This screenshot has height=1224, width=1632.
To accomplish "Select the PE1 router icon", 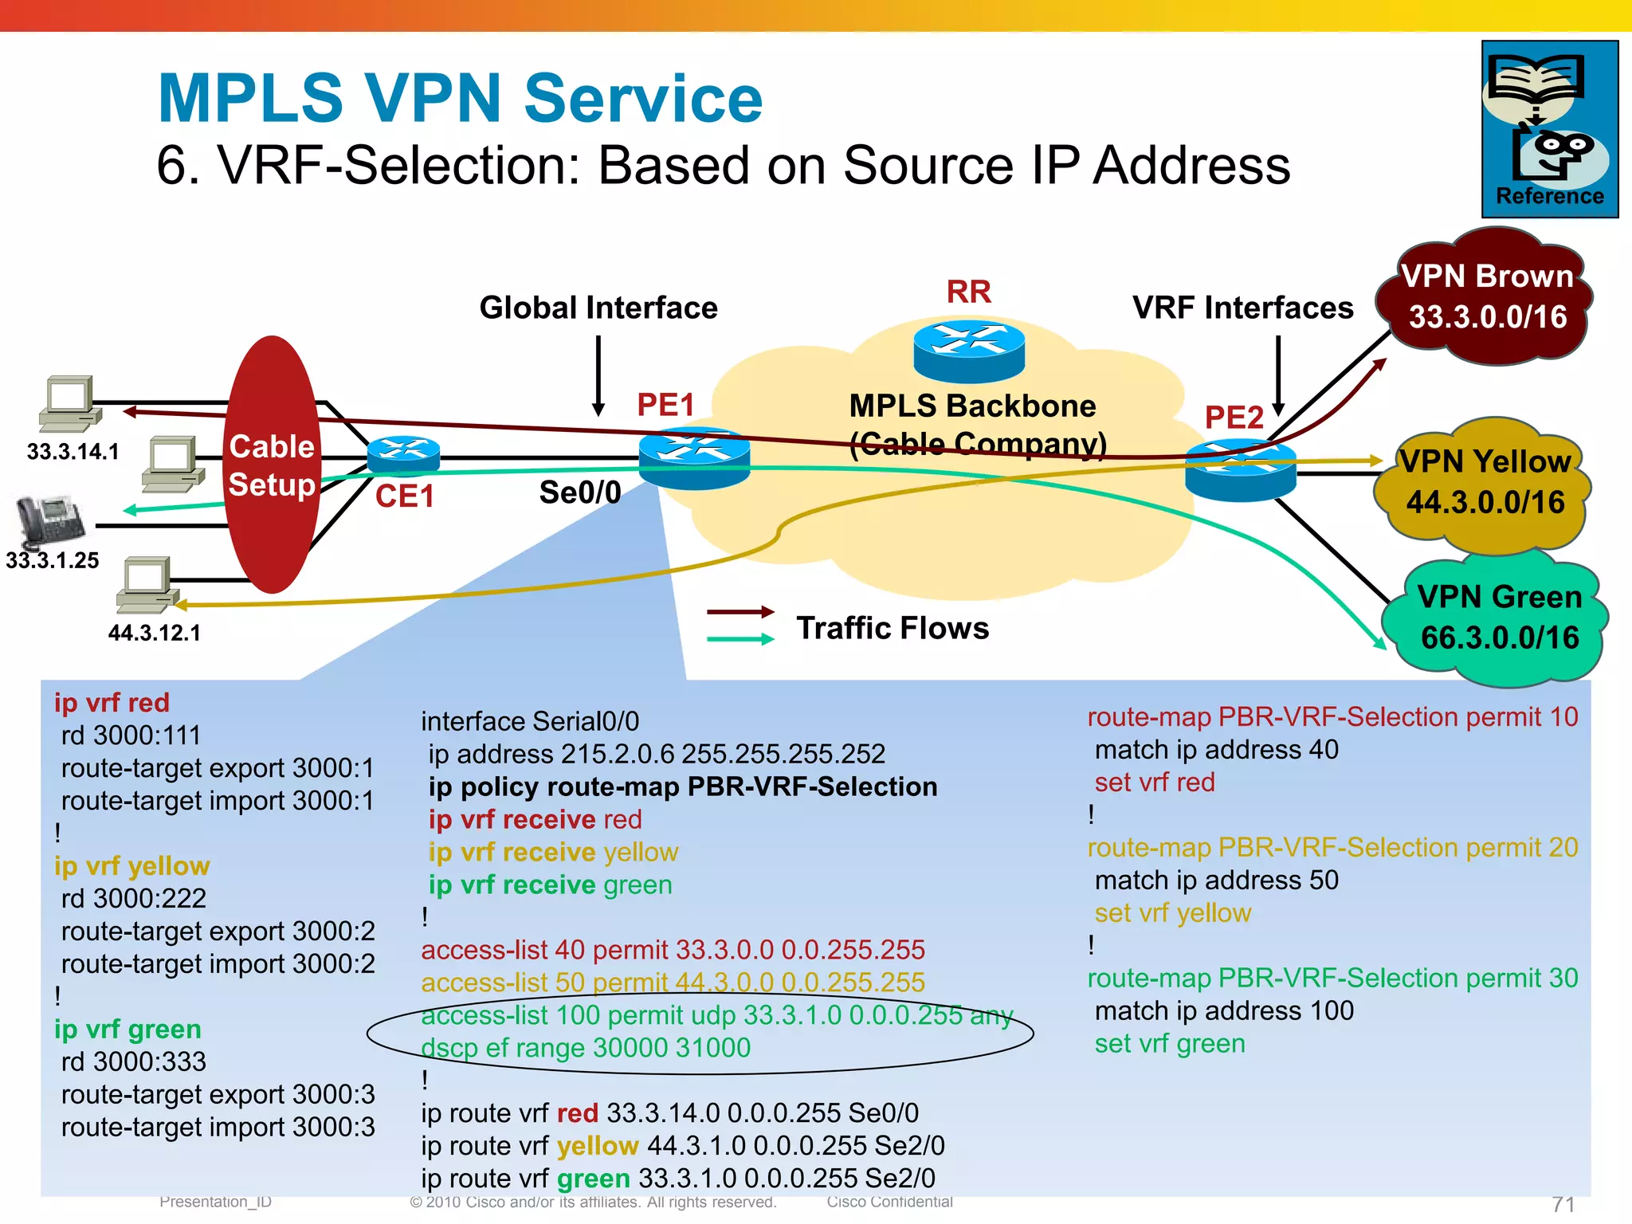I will click(694, 457).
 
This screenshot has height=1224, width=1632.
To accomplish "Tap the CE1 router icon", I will click(404, 455).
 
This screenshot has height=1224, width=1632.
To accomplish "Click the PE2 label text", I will click(1234, 418).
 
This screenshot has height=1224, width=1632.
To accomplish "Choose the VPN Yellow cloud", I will click(1484, 484).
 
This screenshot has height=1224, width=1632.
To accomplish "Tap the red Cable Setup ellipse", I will click(272, 465).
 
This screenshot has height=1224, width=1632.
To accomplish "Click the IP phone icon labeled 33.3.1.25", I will click(50, 520).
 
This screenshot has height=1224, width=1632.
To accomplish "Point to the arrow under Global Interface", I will click(598, 375).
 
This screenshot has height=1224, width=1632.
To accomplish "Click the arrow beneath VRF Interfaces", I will click(1278, 375).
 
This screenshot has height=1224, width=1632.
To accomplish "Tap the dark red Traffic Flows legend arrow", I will click(739, 612).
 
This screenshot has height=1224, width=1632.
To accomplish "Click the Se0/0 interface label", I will click(579, 492).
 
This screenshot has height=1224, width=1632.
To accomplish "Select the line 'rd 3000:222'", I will click(133, 899).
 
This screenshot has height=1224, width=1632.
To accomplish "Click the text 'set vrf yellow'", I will click(1172, 913).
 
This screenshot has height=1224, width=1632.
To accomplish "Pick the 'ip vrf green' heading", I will click(127, 1030).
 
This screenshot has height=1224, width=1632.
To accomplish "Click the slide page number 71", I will click(1563, 1204).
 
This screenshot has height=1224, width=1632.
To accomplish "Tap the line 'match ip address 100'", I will click(1224, 1011).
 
